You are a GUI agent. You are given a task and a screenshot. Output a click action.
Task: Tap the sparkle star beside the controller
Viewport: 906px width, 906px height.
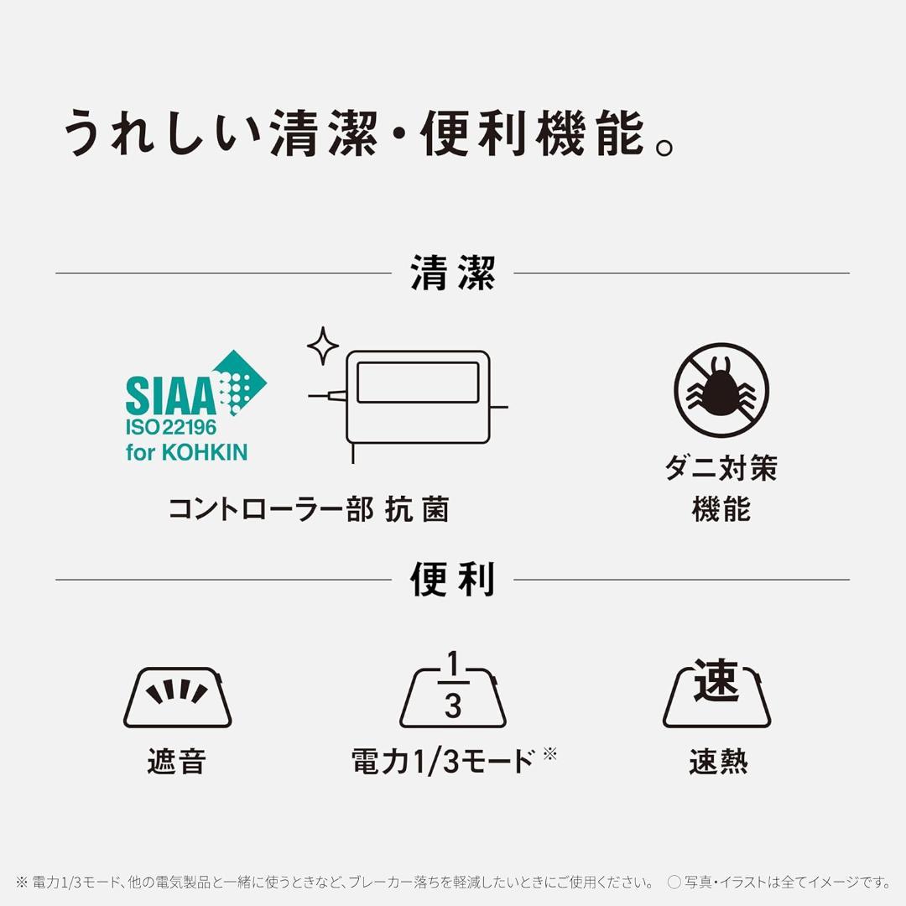click(x=322, y=346)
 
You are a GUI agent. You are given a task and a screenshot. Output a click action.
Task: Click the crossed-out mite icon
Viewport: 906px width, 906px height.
click(x=721, y=390)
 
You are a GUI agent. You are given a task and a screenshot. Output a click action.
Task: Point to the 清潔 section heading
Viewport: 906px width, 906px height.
click(x=452, y=273)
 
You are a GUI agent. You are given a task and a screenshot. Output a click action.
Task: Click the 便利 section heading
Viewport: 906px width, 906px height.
click(x=452, y=580)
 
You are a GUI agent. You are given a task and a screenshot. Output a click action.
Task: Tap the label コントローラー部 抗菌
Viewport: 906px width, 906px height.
click(x=309, y=509)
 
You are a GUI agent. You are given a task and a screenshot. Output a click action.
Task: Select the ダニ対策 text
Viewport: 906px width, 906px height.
click(x=721, y=468)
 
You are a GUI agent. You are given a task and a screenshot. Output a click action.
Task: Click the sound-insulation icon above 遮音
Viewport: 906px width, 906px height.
click(x=177, y=697)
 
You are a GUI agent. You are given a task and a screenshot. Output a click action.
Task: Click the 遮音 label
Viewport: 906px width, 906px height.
click(x=177, y=762)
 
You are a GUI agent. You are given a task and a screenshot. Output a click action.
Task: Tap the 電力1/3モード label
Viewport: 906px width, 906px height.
click(x=443, y=762)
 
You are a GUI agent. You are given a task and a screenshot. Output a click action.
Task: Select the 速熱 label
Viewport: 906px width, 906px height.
click(x=718, y=762)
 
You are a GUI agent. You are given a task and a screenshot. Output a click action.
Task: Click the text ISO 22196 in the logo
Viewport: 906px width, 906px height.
click(x=171, y=427)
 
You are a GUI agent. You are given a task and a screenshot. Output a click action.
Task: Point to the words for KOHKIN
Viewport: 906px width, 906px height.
click(x=186, y=452)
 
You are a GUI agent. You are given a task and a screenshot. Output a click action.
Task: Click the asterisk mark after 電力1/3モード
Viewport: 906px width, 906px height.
click(x=549, y=753)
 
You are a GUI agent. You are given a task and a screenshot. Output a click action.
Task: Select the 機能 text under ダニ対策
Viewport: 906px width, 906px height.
click(x=721, y=509)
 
